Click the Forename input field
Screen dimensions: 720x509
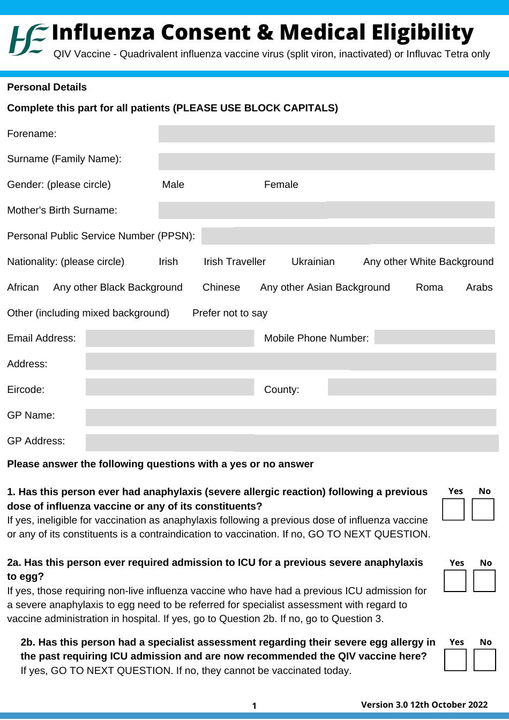(326, 134)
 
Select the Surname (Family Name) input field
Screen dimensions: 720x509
(326, 162)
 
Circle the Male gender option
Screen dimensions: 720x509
(173, 185)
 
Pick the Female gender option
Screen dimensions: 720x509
(281, 185)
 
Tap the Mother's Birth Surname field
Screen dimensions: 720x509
(326, 210)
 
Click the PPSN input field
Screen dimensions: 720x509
(348, 236)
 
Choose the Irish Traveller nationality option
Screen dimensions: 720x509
(234, 262)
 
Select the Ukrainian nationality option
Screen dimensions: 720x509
(313, 262)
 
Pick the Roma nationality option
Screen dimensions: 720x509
(429, 287)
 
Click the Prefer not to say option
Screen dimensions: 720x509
(229, 313)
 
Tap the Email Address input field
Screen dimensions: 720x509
(169, 338)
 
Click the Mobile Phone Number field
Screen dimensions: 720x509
(435, 337)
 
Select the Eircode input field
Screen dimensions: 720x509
(169, 387)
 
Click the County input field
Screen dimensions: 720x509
(411, 387)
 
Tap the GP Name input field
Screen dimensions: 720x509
(290, 418)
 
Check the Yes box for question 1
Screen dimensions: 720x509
(453, 510)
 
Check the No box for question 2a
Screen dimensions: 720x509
(484, 581)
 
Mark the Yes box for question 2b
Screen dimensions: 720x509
(455, 660)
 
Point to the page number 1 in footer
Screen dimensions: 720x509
(254, 706)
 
